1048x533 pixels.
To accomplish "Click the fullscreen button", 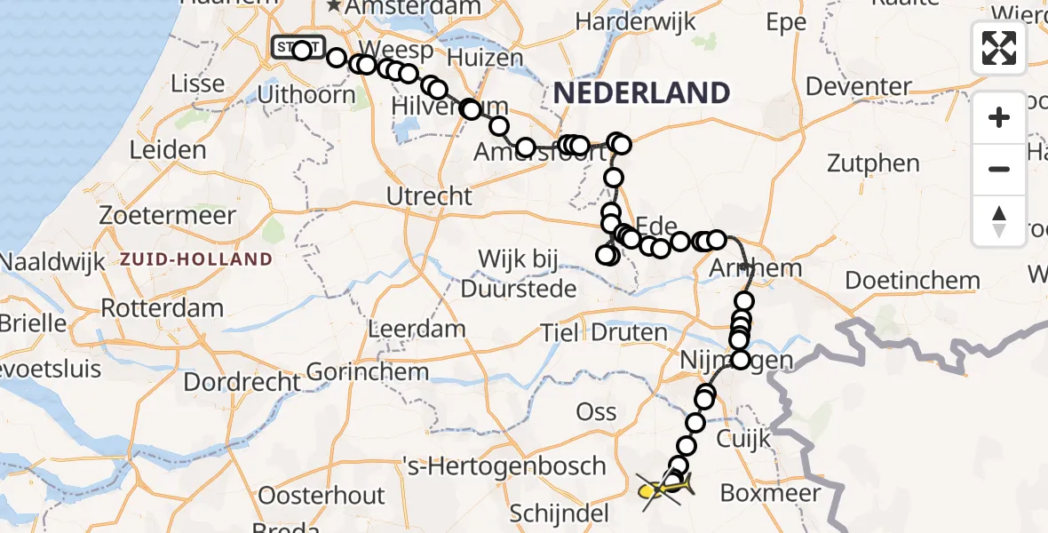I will (999, 48).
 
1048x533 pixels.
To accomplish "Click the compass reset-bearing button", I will (999, 221).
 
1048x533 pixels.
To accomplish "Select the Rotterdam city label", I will (162, 308).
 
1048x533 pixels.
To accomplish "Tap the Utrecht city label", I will (431, 195).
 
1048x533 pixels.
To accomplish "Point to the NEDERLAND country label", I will (642, 92).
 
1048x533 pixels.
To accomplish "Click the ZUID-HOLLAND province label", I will (196, 259).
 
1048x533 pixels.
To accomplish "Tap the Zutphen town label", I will (873, 163).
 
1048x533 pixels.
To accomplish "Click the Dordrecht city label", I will (242, 382).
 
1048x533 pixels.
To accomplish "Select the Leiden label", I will (168, 149).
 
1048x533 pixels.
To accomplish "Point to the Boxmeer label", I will (770, 493).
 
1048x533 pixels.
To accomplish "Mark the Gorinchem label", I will (368, 371).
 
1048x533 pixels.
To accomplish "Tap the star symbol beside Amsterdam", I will (334, 7).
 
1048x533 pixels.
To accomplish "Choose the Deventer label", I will (859, 87).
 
